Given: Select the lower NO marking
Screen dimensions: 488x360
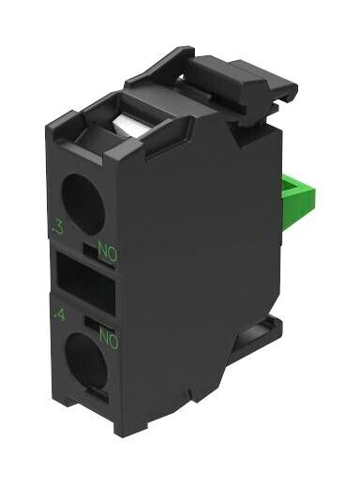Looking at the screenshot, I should tap(106, 338).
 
